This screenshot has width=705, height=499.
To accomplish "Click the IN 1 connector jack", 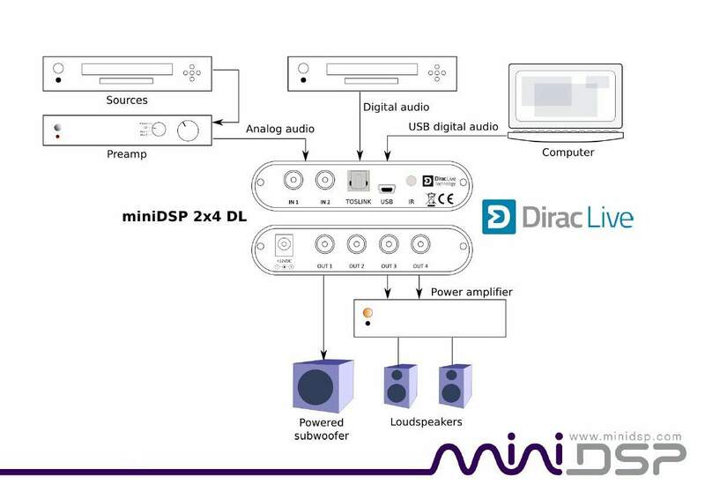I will (x=294, y=180).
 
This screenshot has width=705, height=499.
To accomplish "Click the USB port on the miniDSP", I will (x=386, y=187).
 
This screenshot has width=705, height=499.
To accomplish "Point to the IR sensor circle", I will (x=411, y=181).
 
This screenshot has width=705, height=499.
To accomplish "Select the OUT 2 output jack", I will (x=357, y=244).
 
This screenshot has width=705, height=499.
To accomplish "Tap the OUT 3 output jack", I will (x=388, y=244).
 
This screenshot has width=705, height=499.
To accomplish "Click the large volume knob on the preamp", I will (x=188, y=131).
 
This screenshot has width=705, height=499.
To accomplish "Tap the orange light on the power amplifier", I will (x=367, y=313).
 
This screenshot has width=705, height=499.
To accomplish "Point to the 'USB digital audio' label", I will (x=453, y=127).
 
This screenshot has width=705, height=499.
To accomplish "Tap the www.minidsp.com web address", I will (x=626, y=436).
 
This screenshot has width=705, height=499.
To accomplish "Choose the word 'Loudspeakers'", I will (x=426, y=422).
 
